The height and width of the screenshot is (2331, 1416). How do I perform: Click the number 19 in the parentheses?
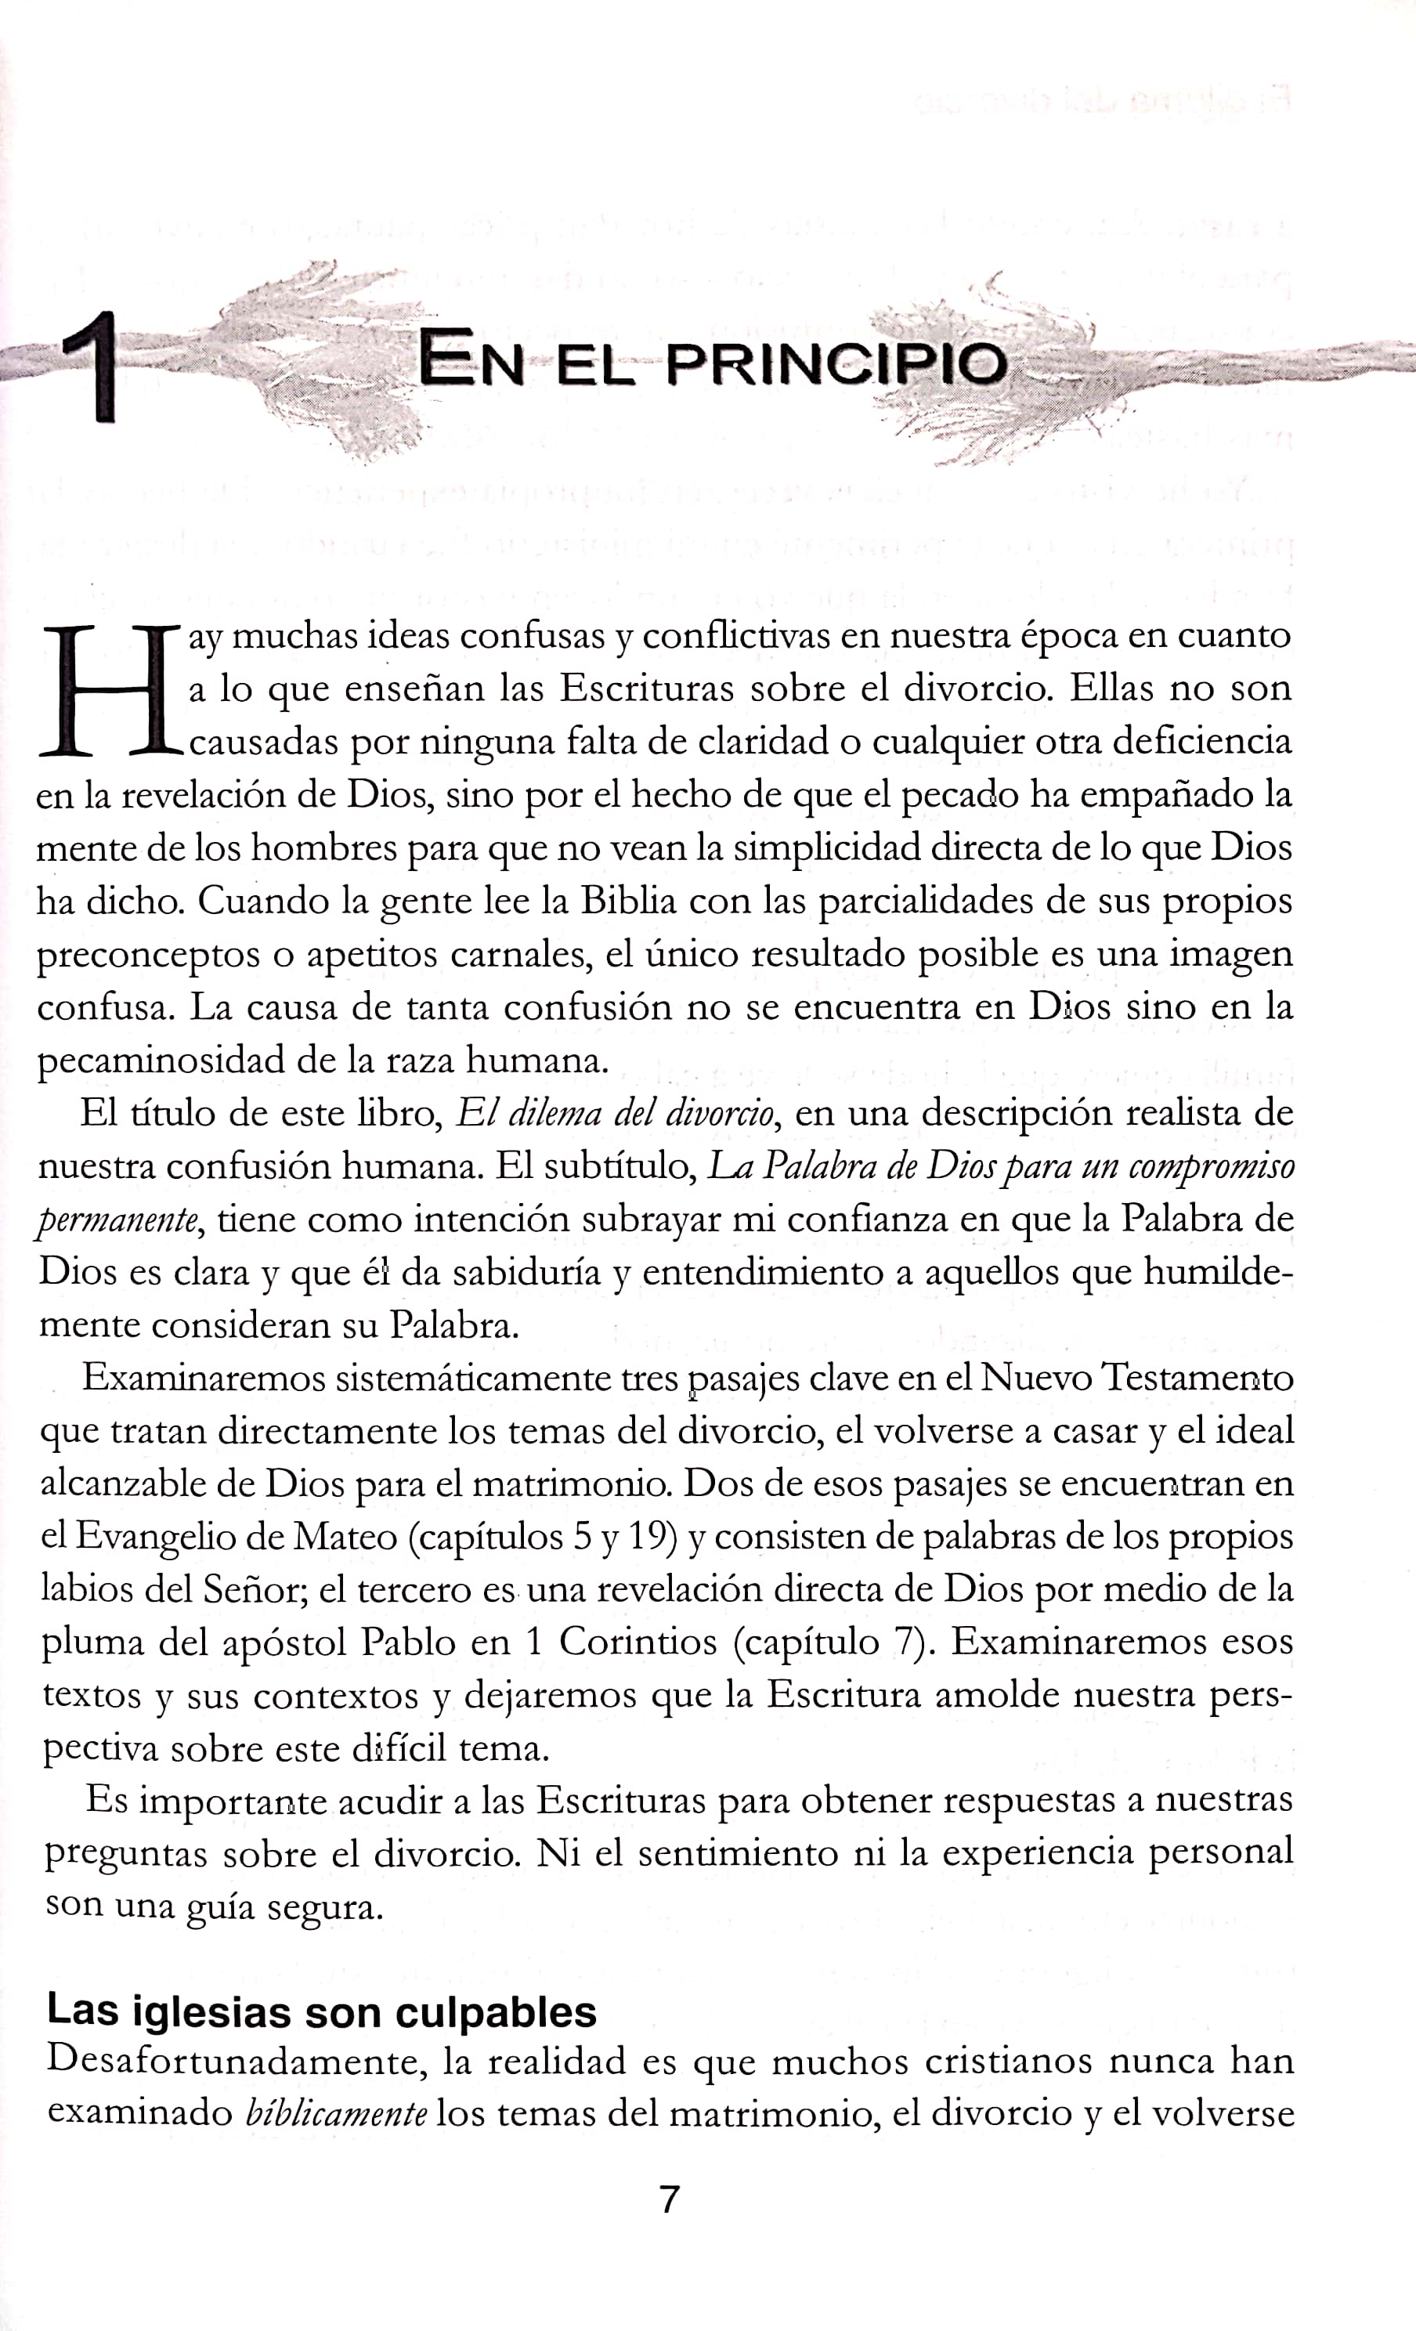click(650, 1536)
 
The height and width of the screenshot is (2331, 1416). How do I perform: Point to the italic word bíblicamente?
click(336, 2113)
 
